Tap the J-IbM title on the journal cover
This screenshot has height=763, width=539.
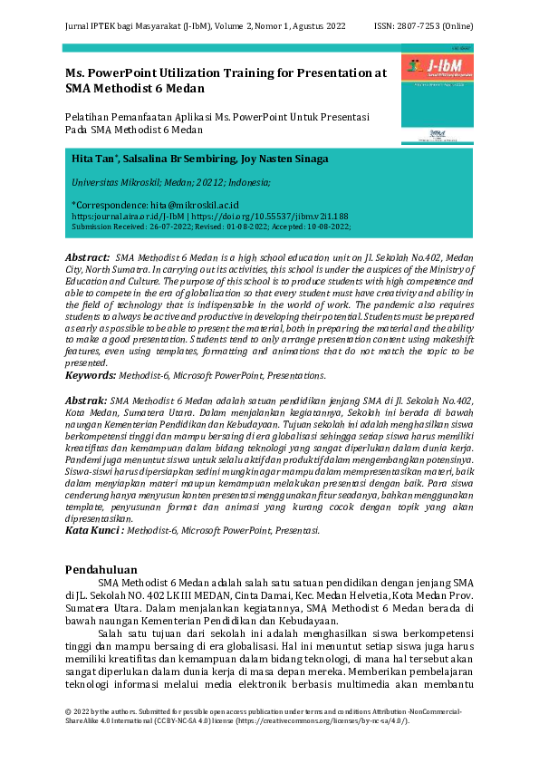(x=445, y=66)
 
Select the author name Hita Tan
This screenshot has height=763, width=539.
(x=91, y=159)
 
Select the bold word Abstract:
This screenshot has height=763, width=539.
(x=88, y=258)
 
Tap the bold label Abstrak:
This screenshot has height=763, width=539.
(x=86, y=400)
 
